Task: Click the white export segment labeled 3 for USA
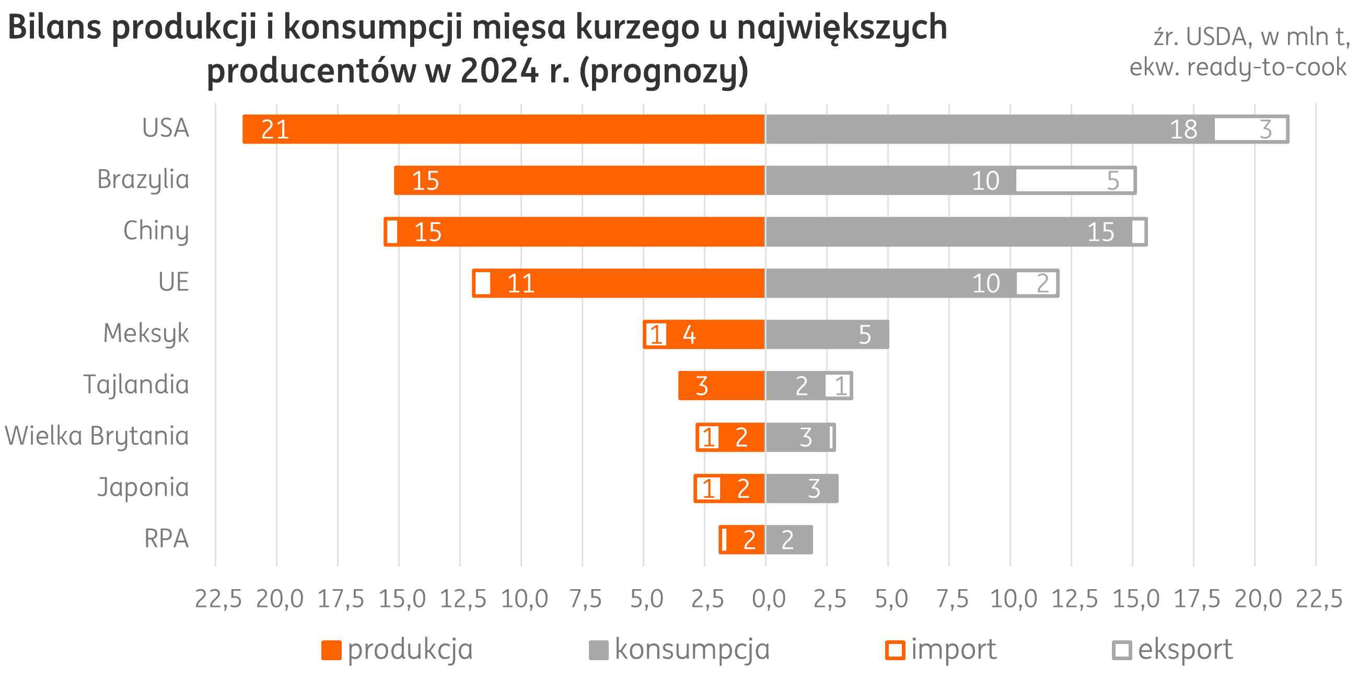[1250, 129]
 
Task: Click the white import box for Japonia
[708, 489]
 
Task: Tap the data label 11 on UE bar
[521, 284]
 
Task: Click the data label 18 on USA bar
[1183, 130]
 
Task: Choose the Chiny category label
[156, 231]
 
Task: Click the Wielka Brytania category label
[97, 437]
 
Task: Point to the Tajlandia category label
[136, 385]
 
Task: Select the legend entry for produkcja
[398, 649]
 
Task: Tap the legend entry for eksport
[1173, 649]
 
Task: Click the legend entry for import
[942, 649]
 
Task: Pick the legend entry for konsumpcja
[680, 649]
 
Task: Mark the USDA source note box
[1239, 42]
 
